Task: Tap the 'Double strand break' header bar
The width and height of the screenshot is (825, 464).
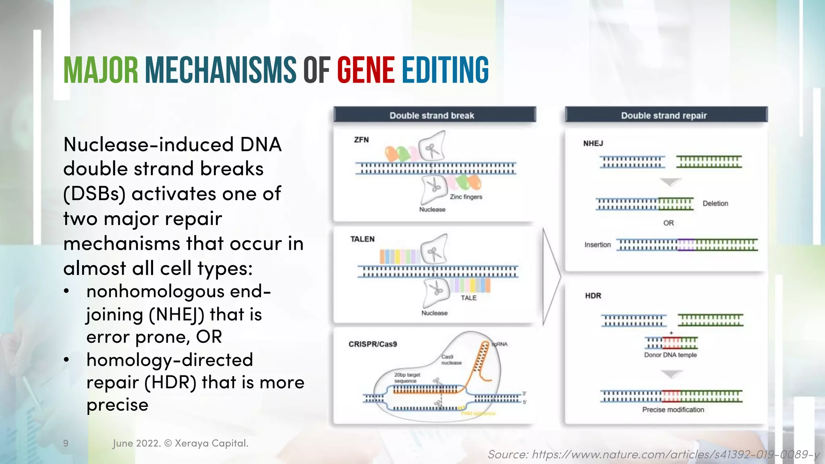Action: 434,115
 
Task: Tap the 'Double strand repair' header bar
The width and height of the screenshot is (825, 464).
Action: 666,115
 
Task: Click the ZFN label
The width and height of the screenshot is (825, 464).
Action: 361,140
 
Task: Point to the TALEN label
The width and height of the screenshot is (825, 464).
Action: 362,239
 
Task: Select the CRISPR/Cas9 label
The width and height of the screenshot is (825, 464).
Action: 373,344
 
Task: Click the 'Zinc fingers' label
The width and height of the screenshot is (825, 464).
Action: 466,197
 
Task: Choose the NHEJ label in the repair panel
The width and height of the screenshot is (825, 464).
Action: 593,143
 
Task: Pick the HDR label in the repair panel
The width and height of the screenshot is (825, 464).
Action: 593,296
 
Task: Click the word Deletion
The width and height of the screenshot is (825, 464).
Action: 715,203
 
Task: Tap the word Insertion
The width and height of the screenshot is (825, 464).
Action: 597,245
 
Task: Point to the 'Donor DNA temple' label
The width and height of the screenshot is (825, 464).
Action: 670,355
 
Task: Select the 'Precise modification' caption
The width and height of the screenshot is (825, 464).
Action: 673,410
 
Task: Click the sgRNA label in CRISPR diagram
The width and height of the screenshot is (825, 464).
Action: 500,344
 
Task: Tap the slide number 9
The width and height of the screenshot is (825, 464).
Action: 66,443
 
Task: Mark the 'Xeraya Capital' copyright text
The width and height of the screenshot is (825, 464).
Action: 211,443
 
